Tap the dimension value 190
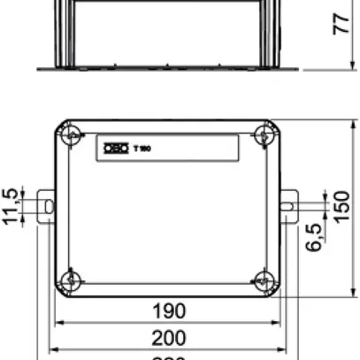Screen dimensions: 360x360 click(168, 310)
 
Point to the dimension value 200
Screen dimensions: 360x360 click(168, 337)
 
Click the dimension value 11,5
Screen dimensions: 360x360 click(13, 207)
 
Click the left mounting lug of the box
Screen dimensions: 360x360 click(46, 207)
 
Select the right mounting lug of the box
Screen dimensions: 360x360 click(288, 207)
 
